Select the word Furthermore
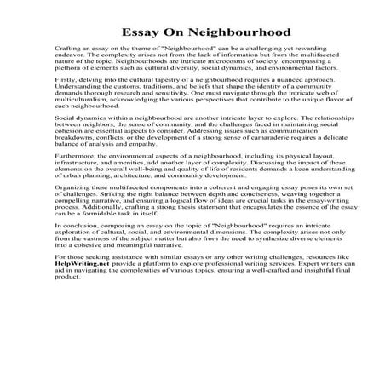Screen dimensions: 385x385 coord(74,181)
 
